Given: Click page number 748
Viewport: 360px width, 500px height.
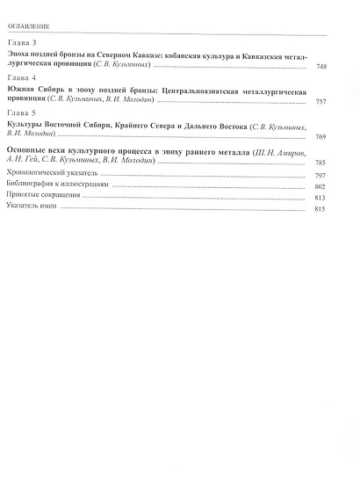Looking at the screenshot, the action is click(x=320, y=67).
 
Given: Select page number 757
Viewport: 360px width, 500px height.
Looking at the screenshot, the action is click(x=320, y=102).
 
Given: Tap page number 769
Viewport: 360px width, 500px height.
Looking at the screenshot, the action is click(x=320, y=137).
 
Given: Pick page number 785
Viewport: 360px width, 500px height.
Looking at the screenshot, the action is click(x=320, y=163).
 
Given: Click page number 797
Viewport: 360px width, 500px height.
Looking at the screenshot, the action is click(x=320, y=176).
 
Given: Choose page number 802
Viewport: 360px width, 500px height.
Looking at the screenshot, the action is click(x=320, y=187).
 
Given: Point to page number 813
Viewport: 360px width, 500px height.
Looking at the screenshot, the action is click(x=320, y=199).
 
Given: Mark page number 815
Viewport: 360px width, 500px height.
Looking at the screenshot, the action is click(x=320, y=210).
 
